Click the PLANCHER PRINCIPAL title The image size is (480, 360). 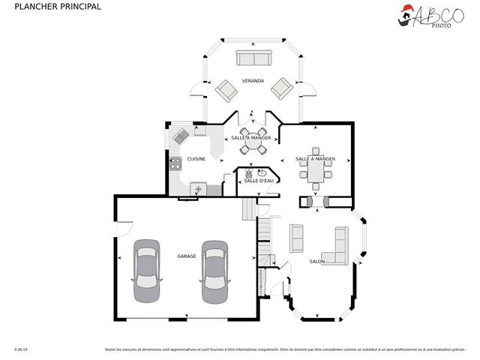(47, 7)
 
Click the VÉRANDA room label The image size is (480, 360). (253, 80)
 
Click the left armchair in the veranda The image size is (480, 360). (226, 91)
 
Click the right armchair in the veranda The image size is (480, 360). (282, 88)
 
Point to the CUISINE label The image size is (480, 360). (196, 159)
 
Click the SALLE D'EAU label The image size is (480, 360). (257, 181)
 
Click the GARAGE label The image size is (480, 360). (187, 256)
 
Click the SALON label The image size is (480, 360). (316, 262)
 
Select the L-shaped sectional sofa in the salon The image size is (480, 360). (338, 248)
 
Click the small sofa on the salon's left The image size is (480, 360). (296, 238)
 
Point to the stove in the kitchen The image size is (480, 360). (175, 161)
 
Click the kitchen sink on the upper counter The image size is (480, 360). (181, 136)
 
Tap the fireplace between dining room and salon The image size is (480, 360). (314, 201)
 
